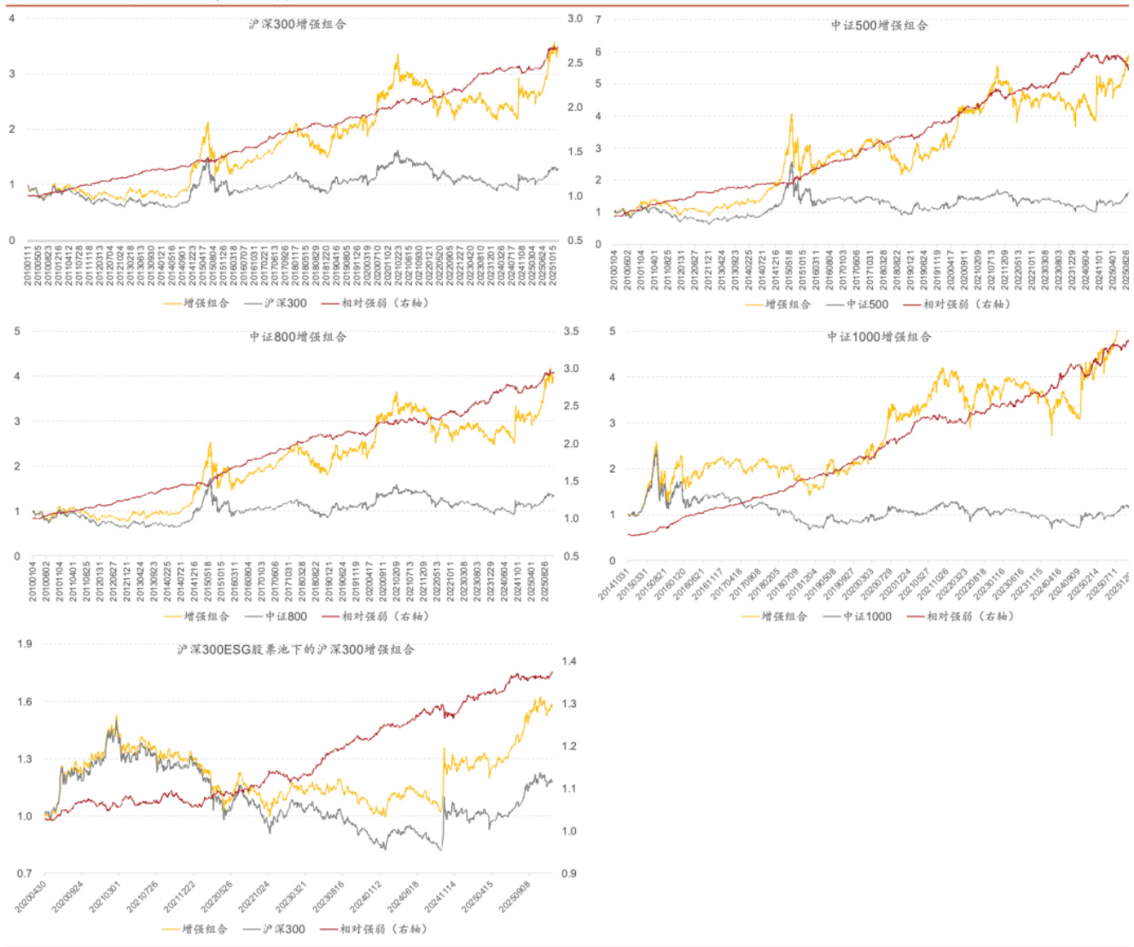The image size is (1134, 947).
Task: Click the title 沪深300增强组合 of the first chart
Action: tap(298, 24)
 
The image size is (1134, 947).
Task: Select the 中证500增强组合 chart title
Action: tap(879, 26)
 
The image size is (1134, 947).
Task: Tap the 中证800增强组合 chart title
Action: tap(298, 337)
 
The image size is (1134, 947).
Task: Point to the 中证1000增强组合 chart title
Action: tap(879, 337)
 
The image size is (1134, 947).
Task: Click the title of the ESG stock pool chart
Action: tap(295, 650)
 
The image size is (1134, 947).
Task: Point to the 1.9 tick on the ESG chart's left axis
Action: tap(24, 644)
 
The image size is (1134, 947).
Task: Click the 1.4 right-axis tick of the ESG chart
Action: tap(569, 661)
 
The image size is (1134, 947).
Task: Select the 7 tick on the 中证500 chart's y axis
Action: tap(598, 19)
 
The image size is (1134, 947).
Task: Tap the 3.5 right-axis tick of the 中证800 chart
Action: tap(571, 331)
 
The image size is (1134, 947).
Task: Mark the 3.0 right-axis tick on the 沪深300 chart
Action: tap(575, 19)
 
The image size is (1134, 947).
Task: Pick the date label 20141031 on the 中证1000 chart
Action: tap(613, 587)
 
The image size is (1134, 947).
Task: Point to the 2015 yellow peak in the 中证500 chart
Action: tap(791, 115)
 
